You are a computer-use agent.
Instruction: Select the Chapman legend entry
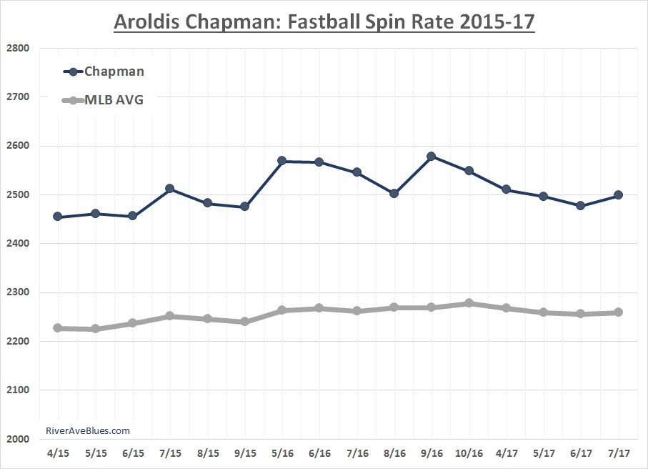(114, 71)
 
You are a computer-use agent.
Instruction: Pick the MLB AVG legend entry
(114, 100)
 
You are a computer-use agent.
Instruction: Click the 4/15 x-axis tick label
(58, 453)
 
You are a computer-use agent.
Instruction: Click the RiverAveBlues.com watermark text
(87, 430)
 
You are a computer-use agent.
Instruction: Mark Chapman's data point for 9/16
(432, 156)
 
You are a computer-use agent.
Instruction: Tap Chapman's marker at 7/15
(170, 189)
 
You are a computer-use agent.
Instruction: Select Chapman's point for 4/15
(58, 217)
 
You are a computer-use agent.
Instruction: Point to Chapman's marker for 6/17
(581, 205)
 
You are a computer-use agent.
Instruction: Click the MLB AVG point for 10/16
(469, 303)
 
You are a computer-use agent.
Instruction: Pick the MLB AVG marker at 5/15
(95, 329)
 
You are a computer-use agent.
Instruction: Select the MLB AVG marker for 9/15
(244, 322)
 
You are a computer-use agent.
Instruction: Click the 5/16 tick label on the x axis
(282, 453)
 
